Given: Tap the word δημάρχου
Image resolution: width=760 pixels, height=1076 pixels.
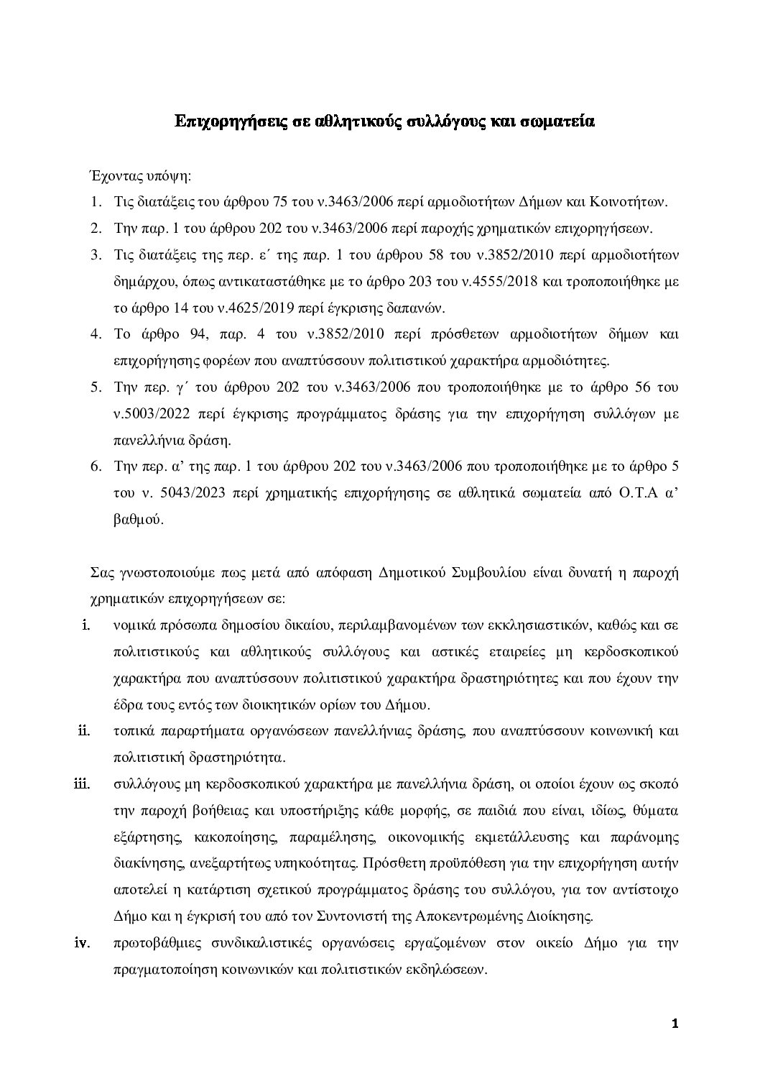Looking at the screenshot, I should (143, 282).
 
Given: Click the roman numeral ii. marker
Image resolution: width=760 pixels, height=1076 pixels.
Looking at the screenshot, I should (83, 731).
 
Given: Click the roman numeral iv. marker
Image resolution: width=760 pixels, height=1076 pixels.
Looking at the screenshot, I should (81, 942).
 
